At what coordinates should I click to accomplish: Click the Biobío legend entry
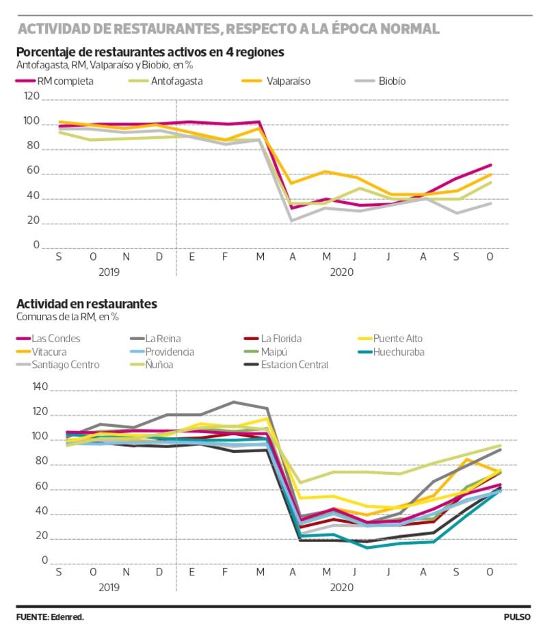coord(391,81)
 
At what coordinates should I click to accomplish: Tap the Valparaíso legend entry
coord(288,81)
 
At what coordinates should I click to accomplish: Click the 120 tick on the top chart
coord(31,100)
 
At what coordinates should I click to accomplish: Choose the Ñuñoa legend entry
coord(158,365)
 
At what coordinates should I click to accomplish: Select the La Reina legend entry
coord(162,338)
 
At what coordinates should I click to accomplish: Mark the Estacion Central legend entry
coord(294,365)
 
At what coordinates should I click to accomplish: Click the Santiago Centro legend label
coord(65,365)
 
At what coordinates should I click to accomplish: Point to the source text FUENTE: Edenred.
coord(50,617)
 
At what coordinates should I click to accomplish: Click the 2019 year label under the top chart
coord(109,272)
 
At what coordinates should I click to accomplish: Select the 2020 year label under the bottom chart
coord(342,587)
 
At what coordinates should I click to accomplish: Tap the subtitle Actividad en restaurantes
coord(87,304)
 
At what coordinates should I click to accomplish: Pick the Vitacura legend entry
coord(52,352)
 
